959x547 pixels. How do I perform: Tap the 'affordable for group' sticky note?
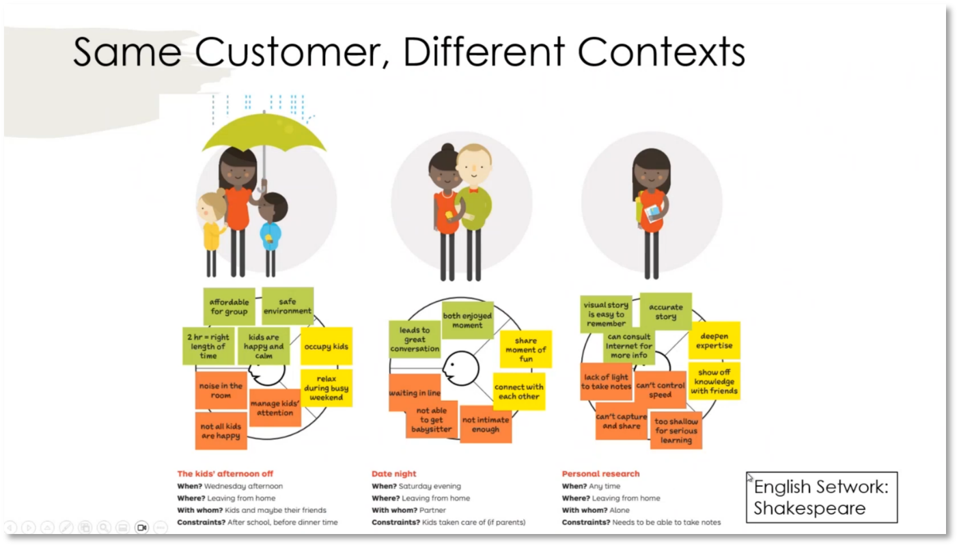[x=229, y=307]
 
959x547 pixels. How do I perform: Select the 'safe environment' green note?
[x=288, y=306]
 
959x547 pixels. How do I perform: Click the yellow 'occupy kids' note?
[x=326, y=346]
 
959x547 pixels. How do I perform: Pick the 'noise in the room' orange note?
[x=221, y=391]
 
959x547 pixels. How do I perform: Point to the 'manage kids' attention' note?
[x=275, y=408]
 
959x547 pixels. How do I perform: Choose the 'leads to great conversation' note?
[x=415, y=339]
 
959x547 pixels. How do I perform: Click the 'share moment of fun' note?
[x=525, y=349]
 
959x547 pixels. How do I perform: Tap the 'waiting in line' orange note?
[x=414, y=393]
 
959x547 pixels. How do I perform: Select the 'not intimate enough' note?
[x=486, y=424]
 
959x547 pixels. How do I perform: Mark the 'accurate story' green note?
[x=665, y=311]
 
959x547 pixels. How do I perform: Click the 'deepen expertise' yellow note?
[x=714, y=341]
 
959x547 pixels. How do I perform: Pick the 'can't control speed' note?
[x=660, y=390]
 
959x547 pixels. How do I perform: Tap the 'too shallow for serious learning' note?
[x=676, y=430]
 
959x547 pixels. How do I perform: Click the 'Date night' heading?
[x=394, y=473]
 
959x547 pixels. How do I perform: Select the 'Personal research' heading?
[x=600, y=473]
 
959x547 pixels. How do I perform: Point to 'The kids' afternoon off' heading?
[x=225, y=473]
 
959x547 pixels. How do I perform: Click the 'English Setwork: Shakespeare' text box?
[x=821, y=497]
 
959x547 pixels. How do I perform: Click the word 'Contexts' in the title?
[x=661, y=51]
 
